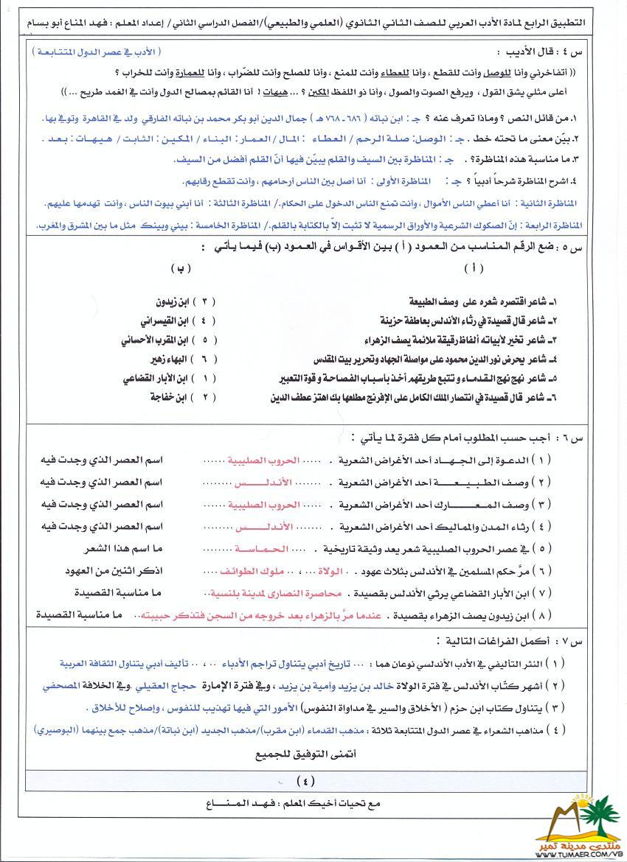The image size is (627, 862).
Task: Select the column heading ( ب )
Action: [x=179, y=267]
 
